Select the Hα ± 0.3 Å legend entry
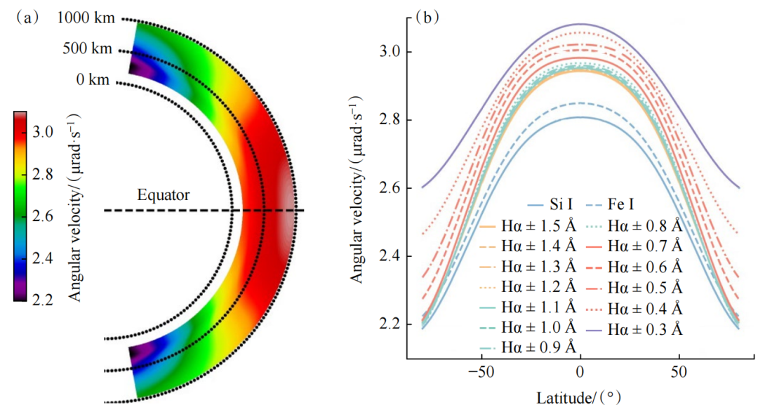coord(646,327)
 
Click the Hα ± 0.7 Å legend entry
coord(646,246)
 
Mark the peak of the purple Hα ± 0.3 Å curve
coord(580,24)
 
